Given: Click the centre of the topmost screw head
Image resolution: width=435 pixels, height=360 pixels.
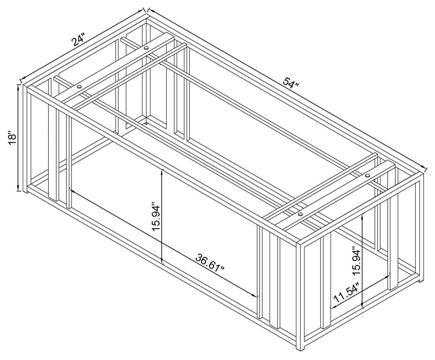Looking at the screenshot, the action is (147, 48).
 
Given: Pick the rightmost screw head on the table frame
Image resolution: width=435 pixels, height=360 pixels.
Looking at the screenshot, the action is (368, 176).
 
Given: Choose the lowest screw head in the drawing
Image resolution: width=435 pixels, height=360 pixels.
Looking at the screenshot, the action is (300, 214).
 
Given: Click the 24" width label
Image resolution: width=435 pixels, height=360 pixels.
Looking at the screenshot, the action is (78, 42).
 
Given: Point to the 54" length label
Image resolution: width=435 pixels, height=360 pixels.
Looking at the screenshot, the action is (291, 84).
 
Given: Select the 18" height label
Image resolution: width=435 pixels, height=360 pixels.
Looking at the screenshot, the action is (12, 138).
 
